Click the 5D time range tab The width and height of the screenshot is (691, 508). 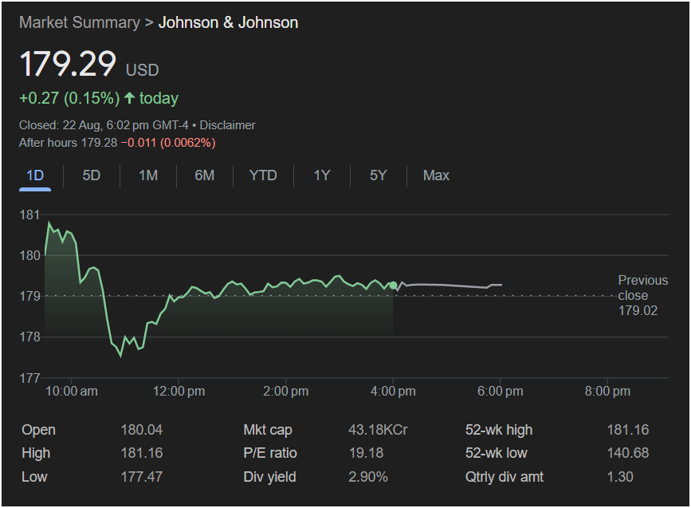tap(92, 175)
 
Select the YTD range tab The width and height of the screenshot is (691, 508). tap(263, 175)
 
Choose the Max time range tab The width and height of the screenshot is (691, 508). tap(436, 175)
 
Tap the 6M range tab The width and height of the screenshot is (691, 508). tap(205, 175)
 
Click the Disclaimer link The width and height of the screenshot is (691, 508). tap(227, 125)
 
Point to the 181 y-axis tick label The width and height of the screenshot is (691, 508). tap(30, 215)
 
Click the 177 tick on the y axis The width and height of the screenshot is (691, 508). tap(30, 377)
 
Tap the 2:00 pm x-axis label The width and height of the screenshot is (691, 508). tap(285, 391)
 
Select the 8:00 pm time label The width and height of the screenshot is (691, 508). tap(607, 391)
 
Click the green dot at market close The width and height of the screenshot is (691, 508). tap(393, 286)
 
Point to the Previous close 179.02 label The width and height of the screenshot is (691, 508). tap(642, 295)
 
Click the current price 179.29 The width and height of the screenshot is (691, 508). tap(68, 64)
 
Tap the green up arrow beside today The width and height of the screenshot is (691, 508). tap(130, 98)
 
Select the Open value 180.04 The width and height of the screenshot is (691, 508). tap(141, 430)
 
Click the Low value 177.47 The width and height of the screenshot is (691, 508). tap(141, 477)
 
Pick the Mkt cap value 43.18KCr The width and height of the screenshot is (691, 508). tap(378, 430)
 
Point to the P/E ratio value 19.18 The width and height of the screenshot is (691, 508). tap(366, 453)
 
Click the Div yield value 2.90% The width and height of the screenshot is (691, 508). tap(368, 477)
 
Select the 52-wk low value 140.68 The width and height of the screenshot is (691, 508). tap(627, 453)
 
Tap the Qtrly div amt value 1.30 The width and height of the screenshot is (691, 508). tap(620, 477)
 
